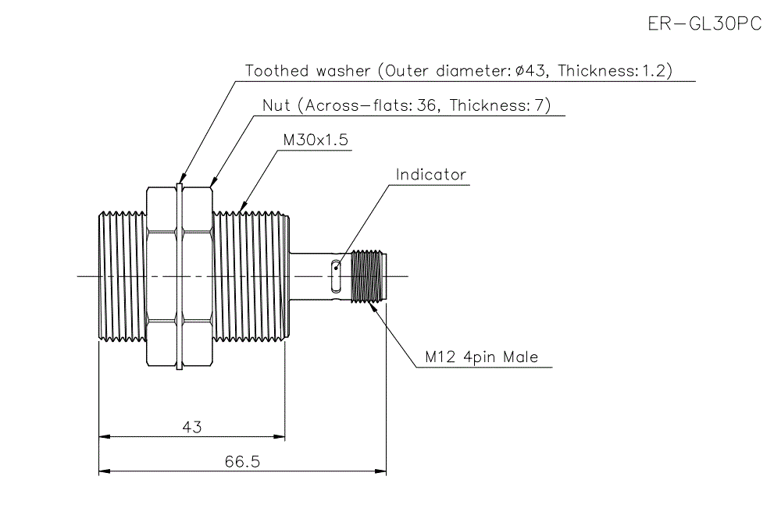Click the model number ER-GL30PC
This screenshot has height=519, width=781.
pos(704,23)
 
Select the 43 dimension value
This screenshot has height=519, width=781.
pos(192,427)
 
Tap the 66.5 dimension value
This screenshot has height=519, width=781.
pos(242,461)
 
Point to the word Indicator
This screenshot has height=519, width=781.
pos(430,174)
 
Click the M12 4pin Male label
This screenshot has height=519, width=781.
pos(482,357)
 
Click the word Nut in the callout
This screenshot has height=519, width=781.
pos(276,105)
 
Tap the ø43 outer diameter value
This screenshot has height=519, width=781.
pos(531,71)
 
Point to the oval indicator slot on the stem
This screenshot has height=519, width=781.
pos(336,268)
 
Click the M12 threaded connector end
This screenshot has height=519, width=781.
pos(370,275)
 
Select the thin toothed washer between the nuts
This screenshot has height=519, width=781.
pos(180,275)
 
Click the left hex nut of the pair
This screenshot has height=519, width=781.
pos(162,275)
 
